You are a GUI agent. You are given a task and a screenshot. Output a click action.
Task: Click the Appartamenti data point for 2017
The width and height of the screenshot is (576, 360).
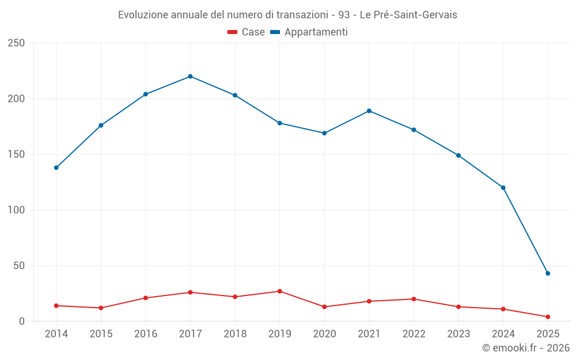tap(190, 77)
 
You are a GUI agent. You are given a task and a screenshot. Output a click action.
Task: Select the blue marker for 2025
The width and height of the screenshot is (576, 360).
tap(548, 274)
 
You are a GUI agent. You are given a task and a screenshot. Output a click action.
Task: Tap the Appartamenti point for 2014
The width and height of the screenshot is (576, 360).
tap(56, 168)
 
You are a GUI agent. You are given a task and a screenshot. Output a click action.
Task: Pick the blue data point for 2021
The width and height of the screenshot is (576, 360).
tap(369, 111)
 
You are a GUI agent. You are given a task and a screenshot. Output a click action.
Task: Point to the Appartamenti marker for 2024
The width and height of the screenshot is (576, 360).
tap(503, 188)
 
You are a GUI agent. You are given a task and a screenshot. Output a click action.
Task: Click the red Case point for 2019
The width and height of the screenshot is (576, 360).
tap(279, 291)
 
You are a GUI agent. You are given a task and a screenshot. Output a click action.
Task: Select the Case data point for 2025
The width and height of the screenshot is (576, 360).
tap(548, 317)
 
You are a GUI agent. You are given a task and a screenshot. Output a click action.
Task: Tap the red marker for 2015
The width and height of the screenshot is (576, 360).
tap(101, 308)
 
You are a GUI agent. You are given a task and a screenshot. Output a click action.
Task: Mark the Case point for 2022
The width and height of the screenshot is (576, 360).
tap(414, 299)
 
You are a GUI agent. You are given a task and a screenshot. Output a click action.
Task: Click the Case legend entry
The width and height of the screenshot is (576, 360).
tap(247, 32)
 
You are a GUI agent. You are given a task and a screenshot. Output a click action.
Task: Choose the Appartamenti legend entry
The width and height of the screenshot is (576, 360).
tap(309, 32)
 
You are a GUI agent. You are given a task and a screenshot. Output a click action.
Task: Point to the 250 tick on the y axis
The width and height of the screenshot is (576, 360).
tap(17, 43)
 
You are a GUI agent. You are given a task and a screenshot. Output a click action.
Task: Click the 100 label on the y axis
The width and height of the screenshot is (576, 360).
tap(17, 210)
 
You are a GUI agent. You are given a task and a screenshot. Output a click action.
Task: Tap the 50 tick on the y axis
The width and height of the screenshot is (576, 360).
tap(20, 266)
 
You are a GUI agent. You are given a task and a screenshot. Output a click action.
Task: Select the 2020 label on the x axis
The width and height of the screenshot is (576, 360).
tap(324, 334)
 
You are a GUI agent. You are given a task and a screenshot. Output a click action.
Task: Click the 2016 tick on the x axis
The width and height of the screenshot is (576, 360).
tap(145, 334)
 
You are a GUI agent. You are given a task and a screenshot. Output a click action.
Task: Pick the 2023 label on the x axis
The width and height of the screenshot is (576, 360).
tap(458, 334)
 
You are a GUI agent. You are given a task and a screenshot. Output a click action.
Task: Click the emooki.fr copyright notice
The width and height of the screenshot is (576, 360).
tap(526, 348)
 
